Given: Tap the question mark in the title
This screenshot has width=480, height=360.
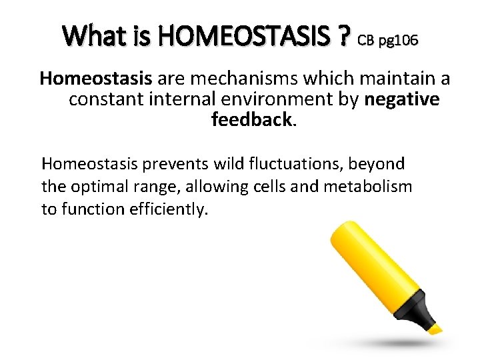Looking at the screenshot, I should point(343,36).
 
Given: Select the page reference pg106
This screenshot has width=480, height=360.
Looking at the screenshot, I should point(399,41).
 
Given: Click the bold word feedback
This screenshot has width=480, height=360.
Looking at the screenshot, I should point(251,120).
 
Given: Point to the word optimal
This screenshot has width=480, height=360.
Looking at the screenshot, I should point(93,186).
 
